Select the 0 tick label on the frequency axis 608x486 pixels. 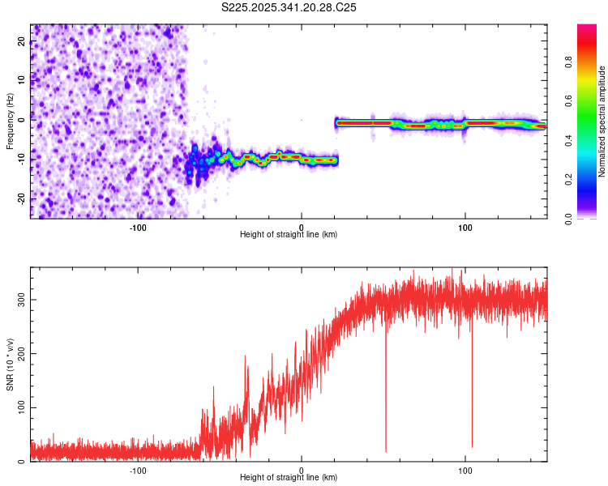coord(22,121)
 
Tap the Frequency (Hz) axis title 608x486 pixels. coord(10,121)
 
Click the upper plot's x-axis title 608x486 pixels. coord(289,234)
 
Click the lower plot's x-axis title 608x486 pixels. coord(289,477)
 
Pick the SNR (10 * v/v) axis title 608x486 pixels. coord(10,369)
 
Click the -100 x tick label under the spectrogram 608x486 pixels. coord(138,226)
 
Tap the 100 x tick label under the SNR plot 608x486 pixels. coord(465,469)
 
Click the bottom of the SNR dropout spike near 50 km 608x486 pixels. coord(385,451)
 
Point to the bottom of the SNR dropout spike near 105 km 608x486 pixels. coord(472,446)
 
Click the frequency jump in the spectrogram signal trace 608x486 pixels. coord(337,142)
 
